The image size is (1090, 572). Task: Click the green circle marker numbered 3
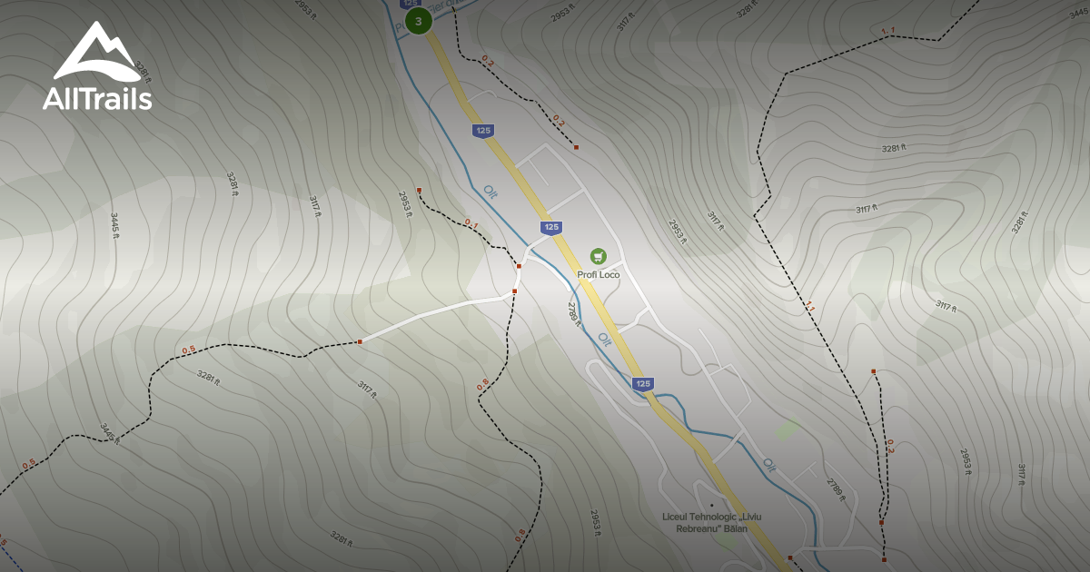(x=418, y=21)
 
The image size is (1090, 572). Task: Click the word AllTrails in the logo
(x=97, y=99)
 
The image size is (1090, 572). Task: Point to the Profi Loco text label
(x=598, y=274)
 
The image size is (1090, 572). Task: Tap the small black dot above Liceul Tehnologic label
(x=712, y=505)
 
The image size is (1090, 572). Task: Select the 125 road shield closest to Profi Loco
(x=550, y=227)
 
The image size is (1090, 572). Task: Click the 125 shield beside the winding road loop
(x=643, y=383)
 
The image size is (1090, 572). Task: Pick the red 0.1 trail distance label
(x=471, y=222)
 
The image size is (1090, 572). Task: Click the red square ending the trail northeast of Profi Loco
(x=576, y=146)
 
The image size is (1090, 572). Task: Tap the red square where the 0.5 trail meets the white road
(x=360, y=341)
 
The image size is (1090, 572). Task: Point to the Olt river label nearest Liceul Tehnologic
(x=769, y=465)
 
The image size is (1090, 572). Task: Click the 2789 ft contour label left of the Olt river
(x=574, y=313)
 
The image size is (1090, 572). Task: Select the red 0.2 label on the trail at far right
(x=890, y=445)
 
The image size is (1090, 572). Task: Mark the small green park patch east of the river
(x=787, y=428)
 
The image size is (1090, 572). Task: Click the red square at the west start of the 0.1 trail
(x=419, y=189)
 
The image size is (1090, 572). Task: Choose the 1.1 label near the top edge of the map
(x=887, y=32)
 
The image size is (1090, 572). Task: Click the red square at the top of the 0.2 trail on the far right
(x=873, y=371)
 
